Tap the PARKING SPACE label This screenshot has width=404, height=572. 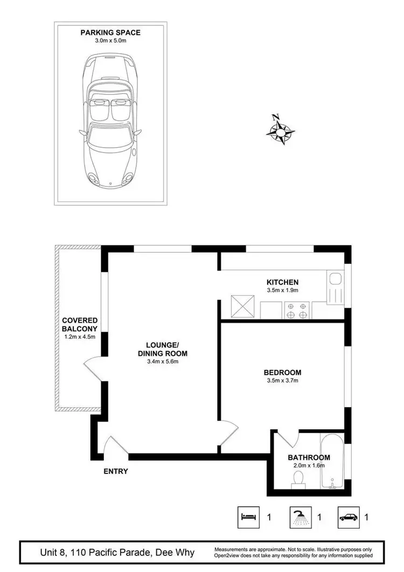pos(110,33)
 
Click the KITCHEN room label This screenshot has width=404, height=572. pos(282,282)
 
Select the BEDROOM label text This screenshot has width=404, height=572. pos(282,373)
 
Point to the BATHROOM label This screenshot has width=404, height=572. pos(309,458)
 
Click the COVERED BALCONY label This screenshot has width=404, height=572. pos(79,324)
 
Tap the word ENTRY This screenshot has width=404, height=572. pos(116,471)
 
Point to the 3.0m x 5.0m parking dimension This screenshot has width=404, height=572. pos(110,41)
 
